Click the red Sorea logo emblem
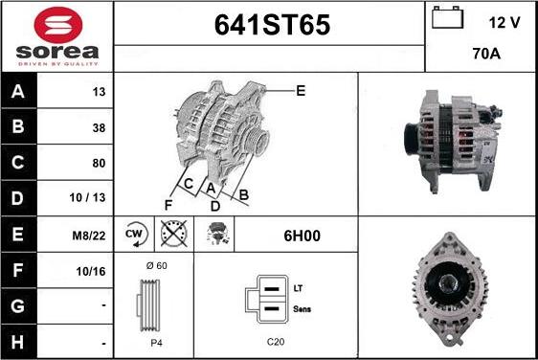[x=58, y=25]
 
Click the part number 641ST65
[x=272, y=25]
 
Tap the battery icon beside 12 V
[x=447, y=17]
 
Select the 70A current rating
[x=486, y=54]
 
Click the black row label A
[x=18, y=91]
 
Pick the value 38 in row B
[x=99, y=128]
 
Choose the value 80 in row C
[x=99, y=163]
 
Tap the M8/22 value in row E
[x=89, y=236]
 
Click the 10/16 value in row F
[x=91, y=272]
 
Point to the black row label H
[x=18, y=342]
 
